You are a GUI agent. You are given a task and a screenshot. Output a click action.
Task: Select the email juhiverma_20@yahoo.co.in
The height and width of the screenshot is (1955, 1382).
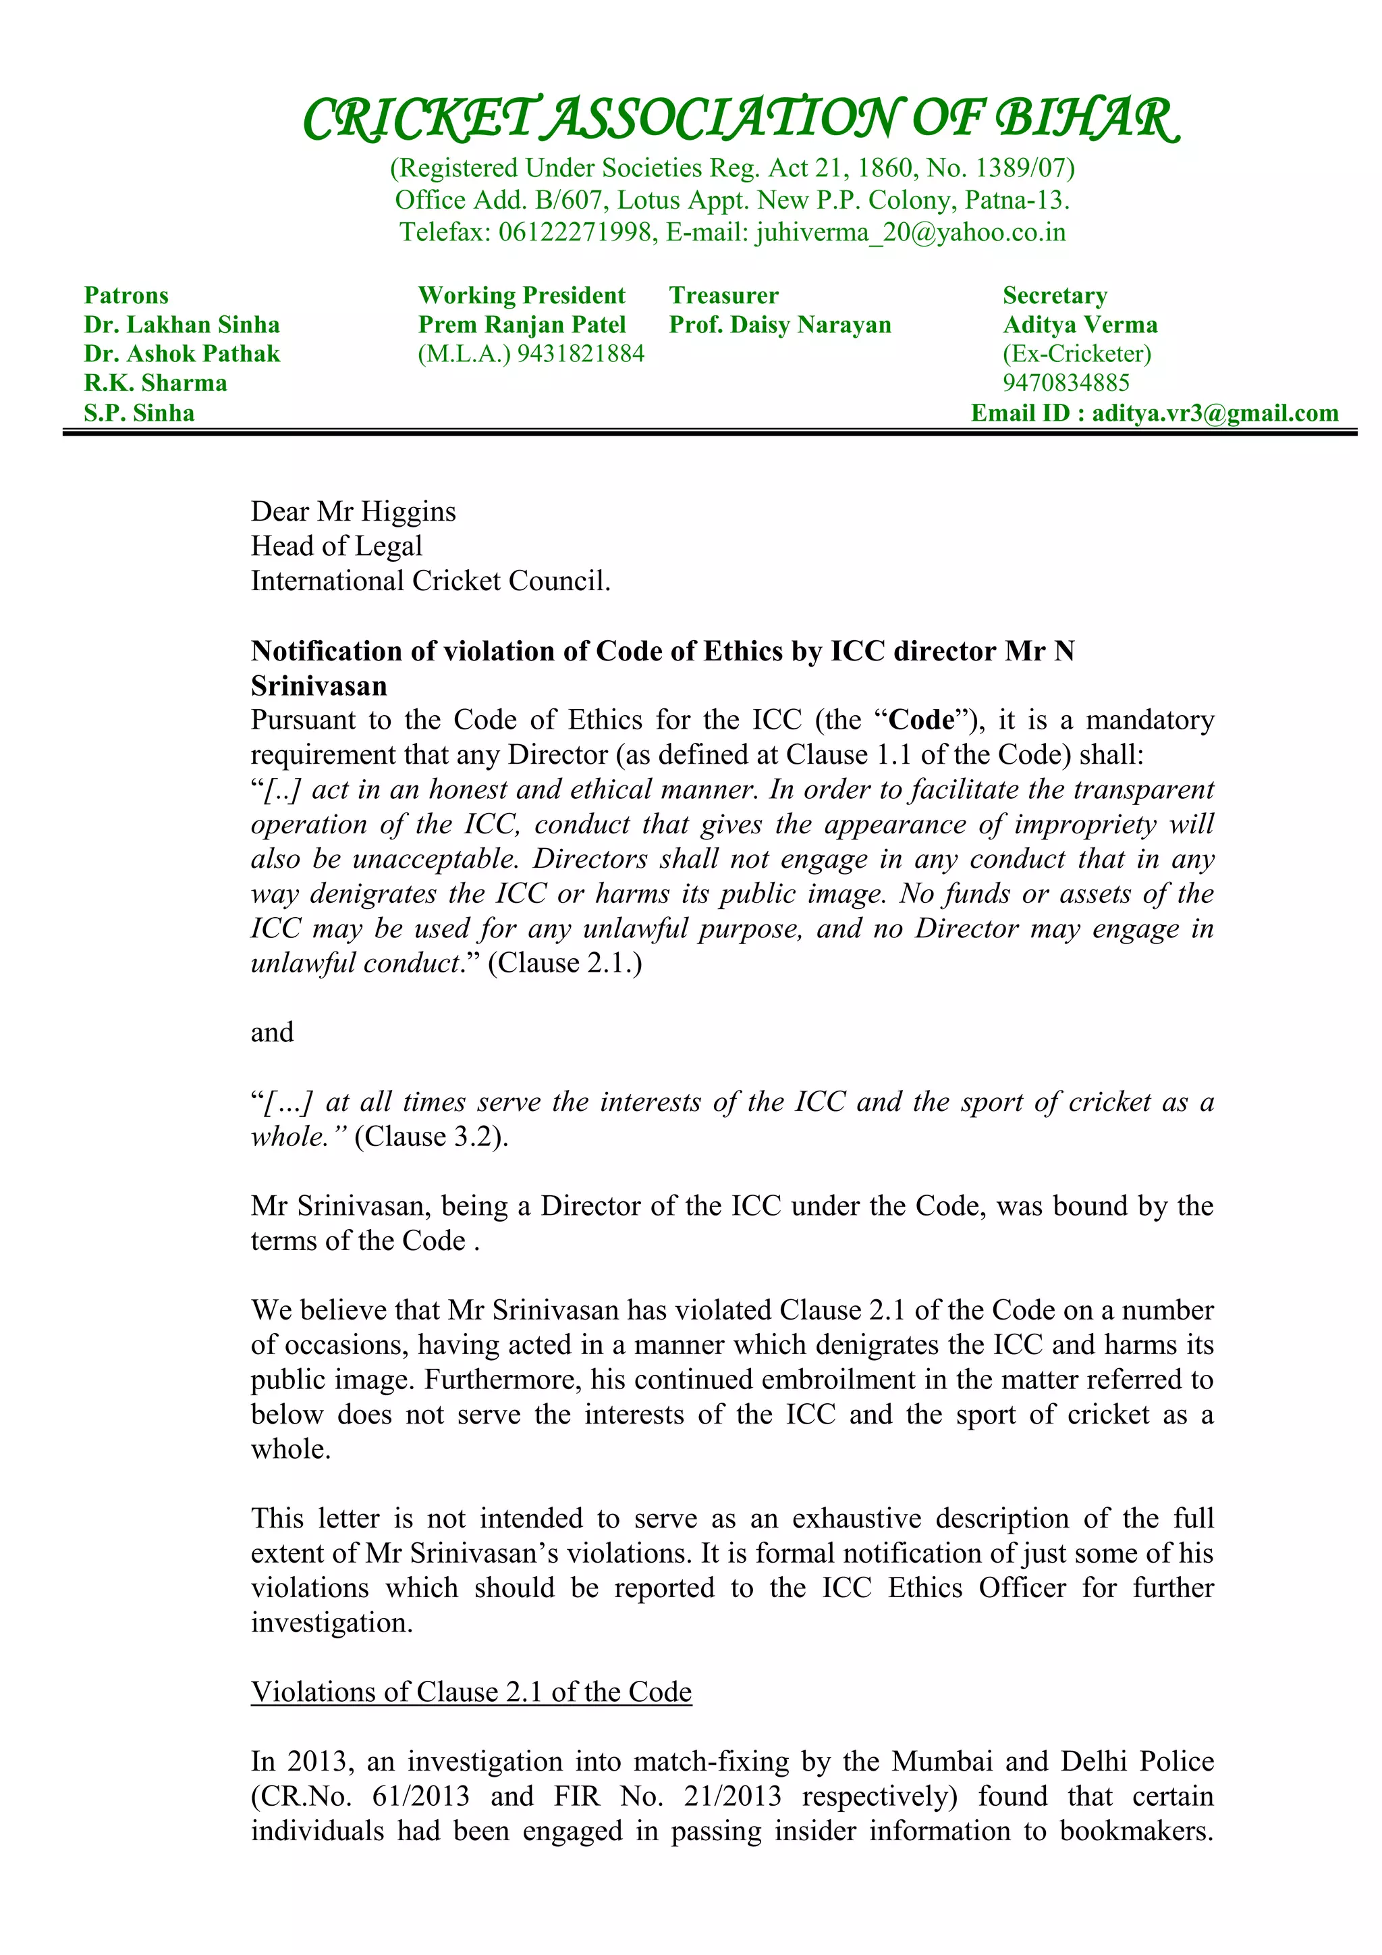(x=910, y=232)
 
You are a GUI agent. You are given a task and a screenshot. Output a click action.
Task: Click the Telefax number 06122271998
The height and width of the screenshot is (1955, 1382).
(x=574, y=232)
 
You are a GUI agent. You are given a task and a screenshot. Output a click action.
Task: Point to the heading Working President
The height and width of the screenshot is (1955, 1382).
(x=521, y=296)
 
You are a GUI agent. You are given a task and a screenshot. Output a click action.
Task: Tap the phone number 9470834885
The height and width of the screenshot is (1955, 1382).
(x=1066, y=382)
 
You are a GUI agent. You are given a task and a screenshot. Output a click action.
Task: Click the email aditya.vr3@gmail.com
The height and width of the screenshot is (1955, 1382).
(x=1215, y=413)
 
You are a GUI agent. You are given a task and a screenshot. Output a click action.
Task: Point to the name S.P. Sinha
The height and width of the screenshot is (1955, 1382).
(x=139, y=413)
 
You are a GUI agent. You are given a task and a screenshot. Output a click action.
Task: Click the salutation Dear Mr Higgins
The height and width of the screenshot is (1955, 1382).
(x=353, y=511)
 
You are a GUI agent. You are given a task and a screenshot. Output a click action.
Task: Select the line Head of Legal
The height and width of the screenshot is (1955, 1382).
(x=336, y=546)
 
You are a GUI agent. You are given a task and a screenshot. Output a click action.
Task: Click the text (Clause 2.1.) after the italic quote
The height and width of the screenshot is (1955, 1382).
(x=564, y=963)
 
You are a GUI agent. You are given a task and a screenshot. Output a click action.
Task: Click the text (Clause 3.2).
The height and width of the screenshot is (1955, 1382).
(x=431, y=1137)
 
